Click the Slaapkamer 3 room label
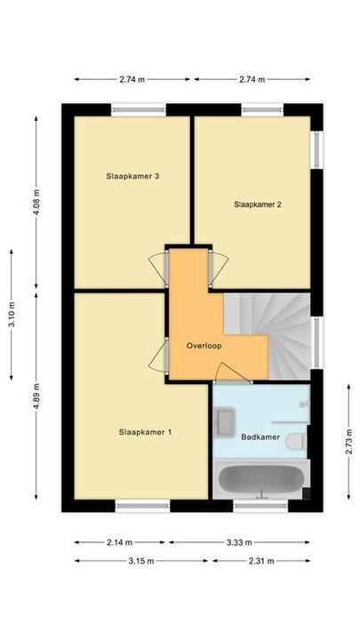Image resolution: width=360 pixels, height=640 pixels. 132,176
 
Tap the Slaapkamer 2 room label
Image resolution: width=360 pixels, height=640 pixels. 258,204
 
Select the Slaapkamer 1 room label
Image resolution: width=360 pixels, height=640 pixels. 145,433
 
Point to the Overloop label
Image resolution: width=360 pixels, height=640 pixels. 204,345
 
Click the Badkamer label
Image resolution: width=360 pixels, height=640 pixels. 260,437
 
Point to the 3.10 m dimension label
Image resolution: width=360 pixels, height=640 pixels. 12,314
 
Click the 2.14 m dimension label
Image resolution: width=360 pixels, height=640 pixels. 119,542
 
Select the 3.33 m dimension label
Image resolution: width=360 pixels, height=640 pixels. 239,542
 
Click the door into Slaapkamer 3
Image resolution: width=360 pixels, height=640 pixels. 157,267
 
